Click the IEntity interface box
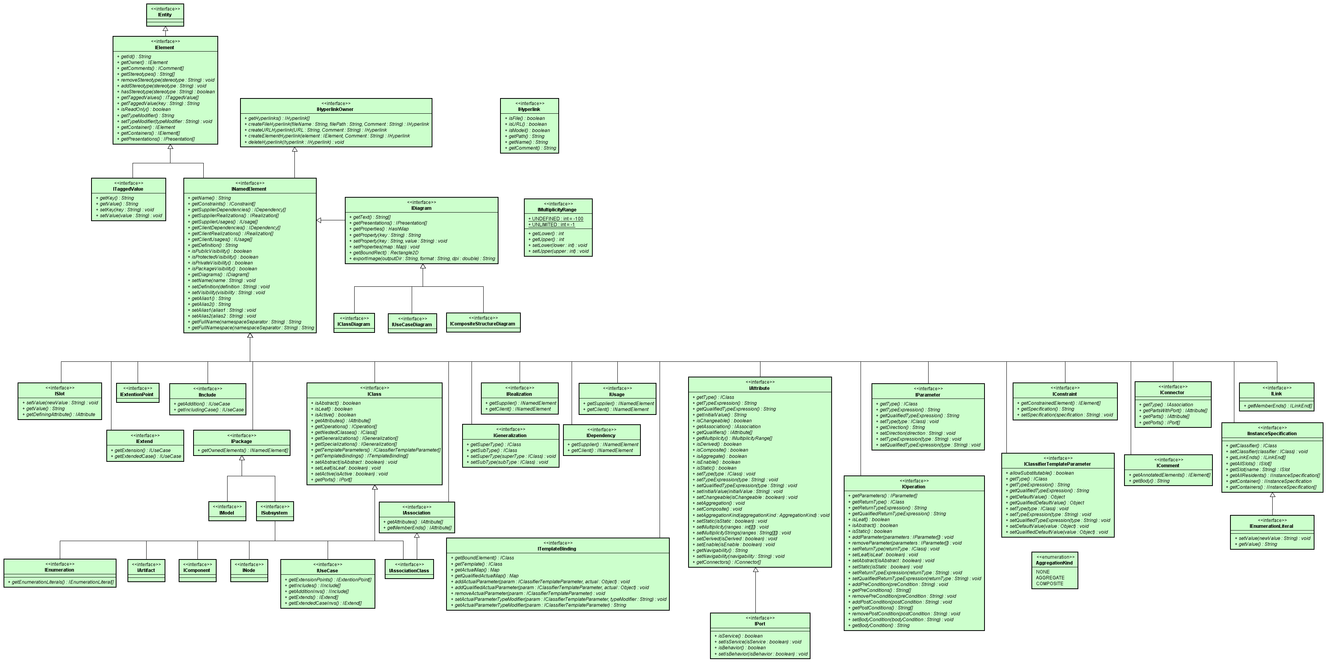pyautogui.click(x=165, y=15)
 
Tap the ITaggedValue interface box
pyautogui.click(x=129, y=199)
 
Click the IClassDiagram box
pyautogui.click(x=354, y=323)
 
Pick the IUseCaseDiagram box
pyautogui.click(x=412, y=323)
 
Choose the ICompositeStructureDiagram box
pyautogui.click(x=483, y=322)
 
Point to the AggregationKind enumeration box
pyautogui.click(x=1054, y=570)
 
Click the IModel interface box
pyautogui.click(x=227, y=511)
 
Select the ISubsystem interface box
pyautogui.click(x=274, y=511)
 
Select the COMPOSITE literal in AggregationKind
pyautogui.click(x=1050, y=584)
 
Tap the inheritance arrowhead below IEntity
pyautogui.click(x=165, y=30)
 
